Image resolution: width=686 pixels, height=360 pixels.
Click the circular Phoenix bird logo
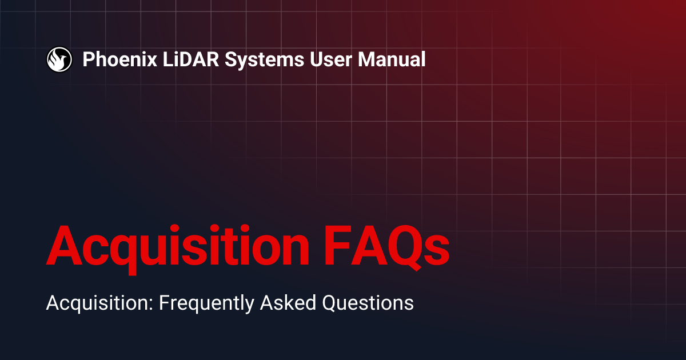[x=59, y=59]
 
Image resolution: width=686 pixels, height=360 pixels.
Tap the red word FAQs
[x=391, y=246]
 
